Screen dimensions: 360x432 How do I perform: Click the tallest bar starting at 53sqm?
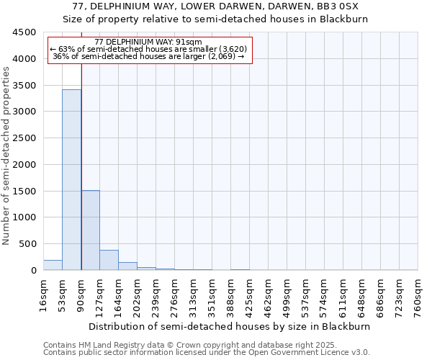pyautogui.click(x=71, y=180)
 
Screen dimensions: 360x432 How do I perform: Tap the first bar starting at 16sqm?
pyautogui.click(x=53, y=265)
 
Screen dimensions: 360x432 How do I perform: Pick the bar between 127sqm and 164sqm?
pyautogui.click(x=109, y=260)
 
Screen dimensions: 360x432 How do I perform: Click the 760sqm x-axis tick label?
pyautogui.click(x=418, y=296)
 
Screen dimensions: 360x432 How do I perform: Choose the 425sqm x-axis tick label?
pyautogui.click(x=249, y=296)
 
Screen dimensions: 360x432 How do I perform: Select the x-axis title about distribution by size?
pyautogui.click(x=230, y=326)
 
